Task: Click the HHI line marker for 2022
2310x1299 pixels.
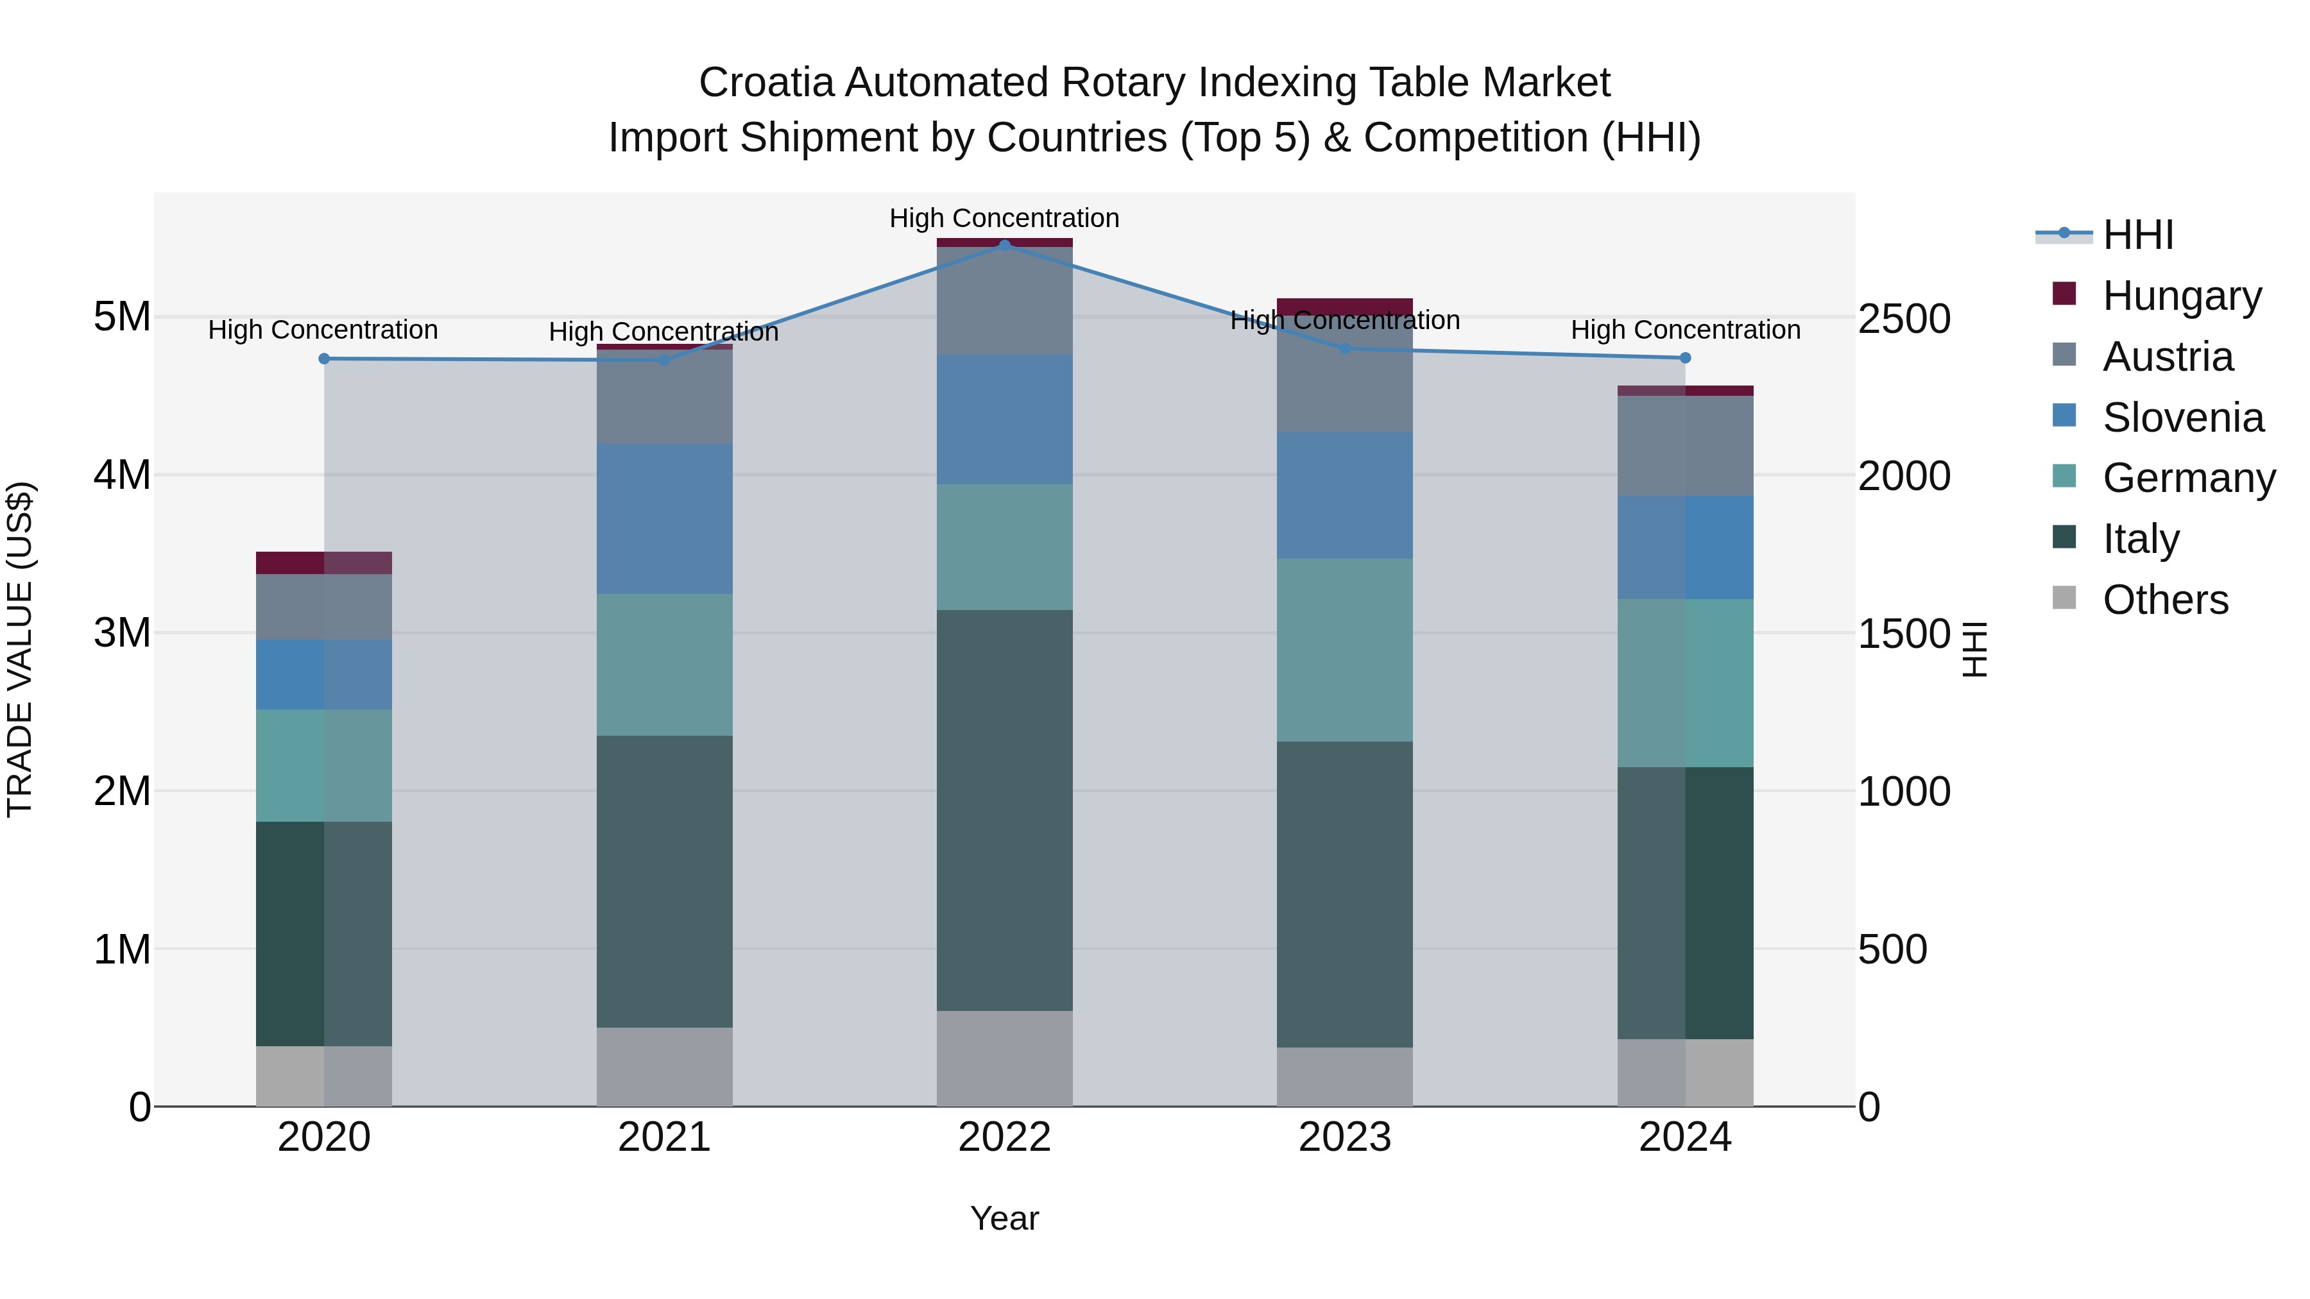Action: pos(1004,245)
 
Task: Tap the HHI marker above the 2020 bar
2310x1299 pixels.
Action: pos(325,359)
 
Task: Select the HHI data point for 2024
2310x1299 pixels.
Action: pos(1685,358)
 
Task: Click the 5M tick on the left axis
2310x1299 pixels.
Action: pos(122,316)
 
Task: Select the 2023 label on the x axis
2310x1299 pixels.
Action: pos(1344,1137)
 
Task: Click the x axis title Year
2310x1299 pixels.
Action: pos(1004,1218)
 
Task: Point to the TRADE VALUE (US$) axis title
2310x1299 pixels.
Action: pos(20,649)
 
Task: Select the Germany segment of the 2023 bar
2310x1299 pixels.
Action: pos(1344,650)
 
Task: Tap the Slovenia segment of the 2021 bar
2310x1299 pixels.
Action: pos(665,518)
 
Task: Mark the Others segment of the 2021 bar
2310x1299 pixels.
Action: pos(665,1067)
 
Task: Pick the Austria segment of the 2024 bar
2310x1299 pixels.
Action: pos(1685,446)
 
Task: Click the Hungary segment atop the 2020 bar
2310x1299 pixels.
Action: pos(325,562)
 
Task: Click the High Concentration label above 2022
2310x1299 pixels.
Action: pos(1004,218)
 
